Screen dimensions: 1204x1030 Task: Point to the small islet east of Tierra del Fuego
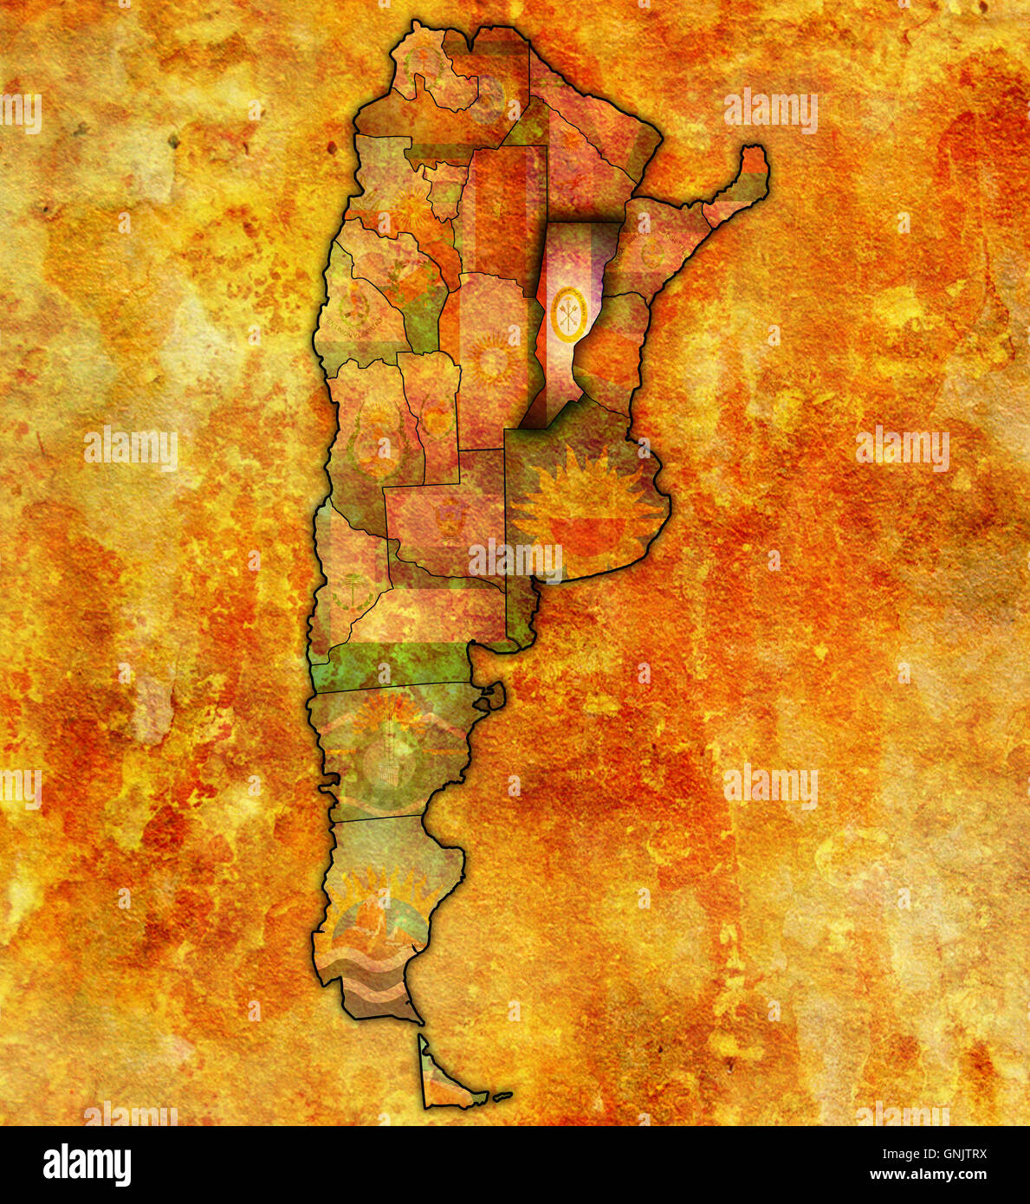502,1096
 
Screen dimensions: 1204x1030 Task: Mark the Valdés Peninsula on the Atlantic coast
492,695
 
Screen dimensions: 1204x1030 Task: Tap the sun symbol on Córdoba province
490,359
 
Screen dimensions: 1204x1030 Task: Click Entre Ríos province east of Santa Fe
611,355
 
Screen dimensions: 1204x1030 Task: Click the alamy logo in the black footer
87,1165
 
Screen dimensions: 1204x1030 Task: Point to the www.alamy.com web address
928,1175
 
